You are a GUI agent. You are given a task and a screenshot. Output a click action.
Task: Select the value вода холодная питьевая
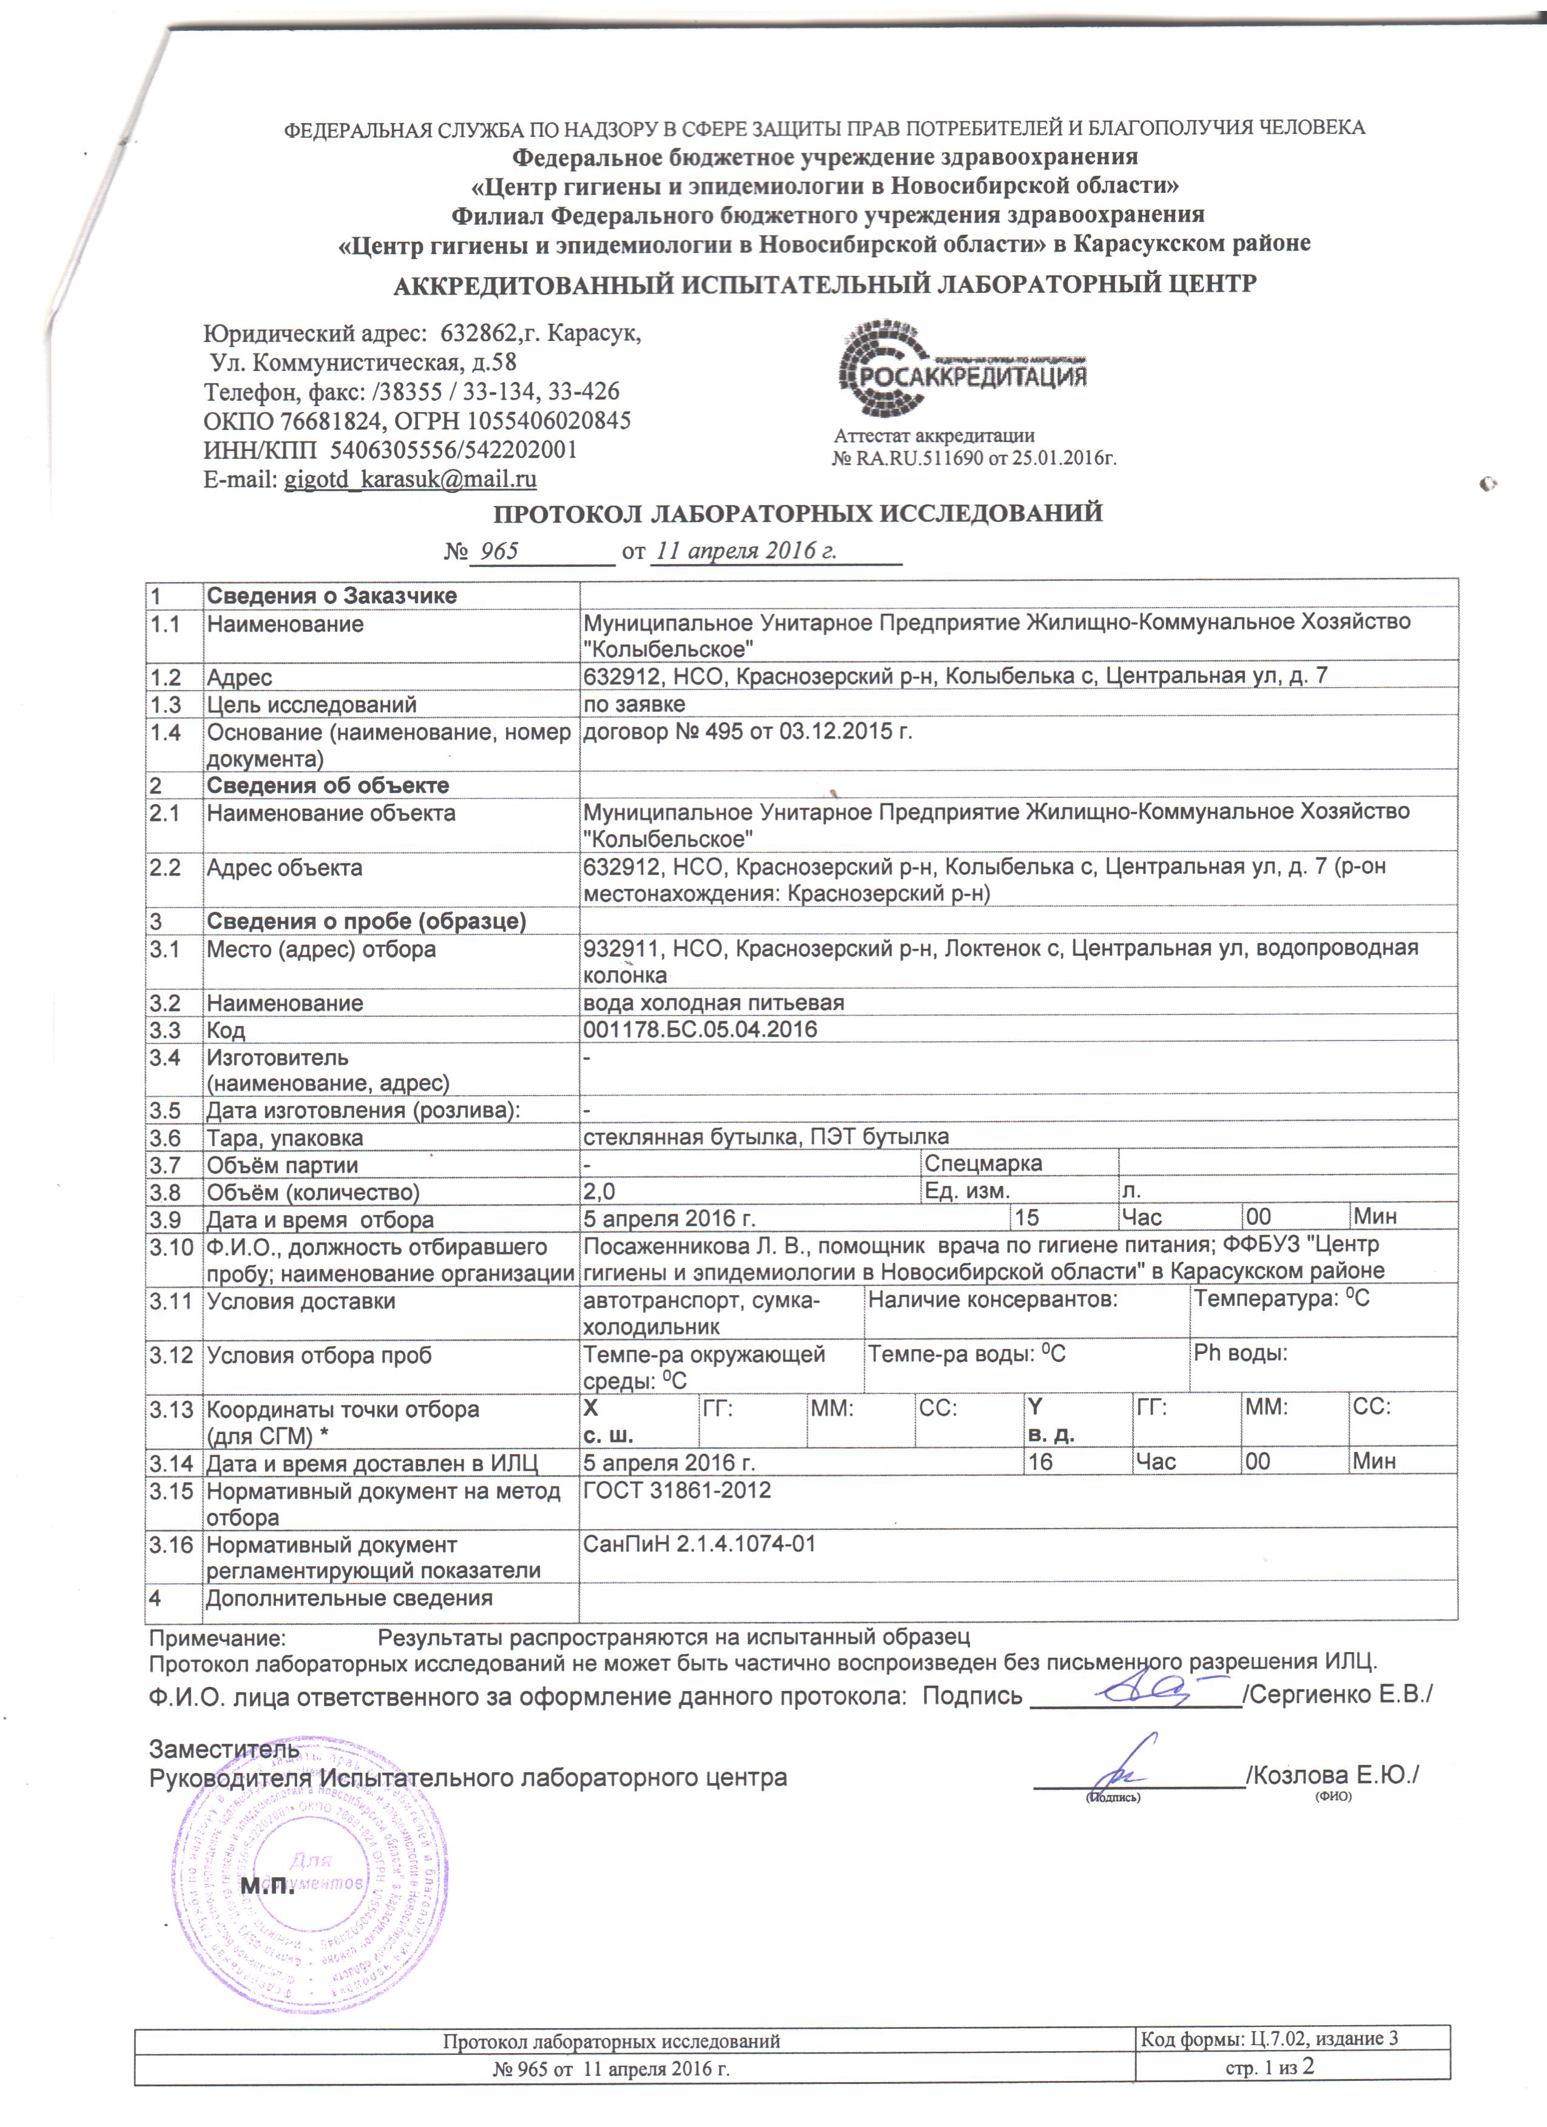pos(713,1002)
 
